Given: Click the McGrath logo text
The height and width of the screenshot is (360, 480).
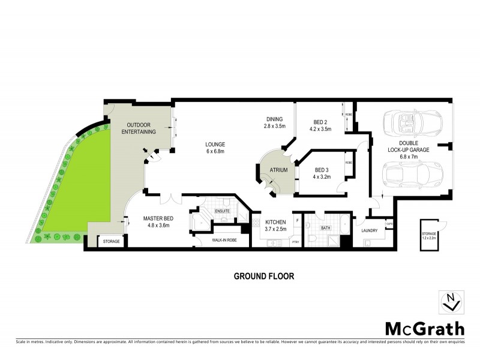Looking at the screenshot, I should (424, 328).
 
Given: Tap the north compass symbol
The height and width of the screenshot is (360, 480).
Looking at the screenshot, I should (454, 302).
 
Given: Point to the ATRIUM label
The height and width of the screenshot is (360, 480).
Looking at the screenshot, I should (279, 170).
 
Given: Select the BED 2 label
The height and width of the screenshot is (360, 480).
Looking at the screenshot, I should (320, 120).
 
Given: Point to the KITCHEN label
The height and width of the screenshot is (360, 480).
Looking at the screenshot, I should (275, 222).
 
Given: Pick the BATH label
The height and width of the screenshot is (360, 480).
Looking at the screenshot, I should (326, 228).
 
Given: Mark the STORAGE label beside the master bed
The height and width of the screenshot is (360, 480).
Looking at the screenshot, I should (111, 241).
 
